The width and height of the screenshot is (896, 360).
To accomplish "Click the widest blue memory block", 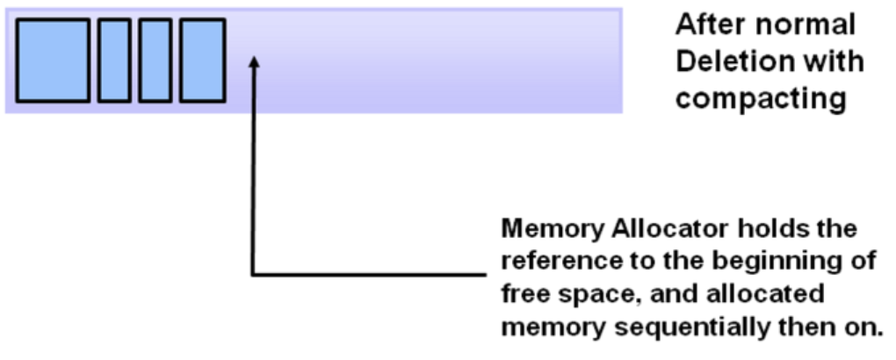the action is pos(53,61).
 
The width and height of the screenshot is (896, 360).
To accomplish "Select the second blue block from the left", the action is pos(114,61).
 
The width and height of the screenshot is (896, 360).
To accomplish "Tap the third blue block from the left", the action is pos(155,61).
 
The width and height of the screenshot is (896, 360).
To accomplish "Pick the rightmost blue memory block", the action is pos(203,61).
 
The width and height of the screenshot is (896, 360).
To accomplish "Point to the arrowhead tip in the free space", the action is pos(254,58).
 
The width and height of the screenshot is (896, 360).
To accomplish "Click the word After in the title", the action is pos(705,25).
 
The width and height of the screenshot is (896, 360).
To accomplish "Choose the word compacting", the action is pos(761,98).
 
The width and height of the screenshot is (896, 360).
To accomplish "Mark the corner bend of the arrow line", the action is pos(254,275).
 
